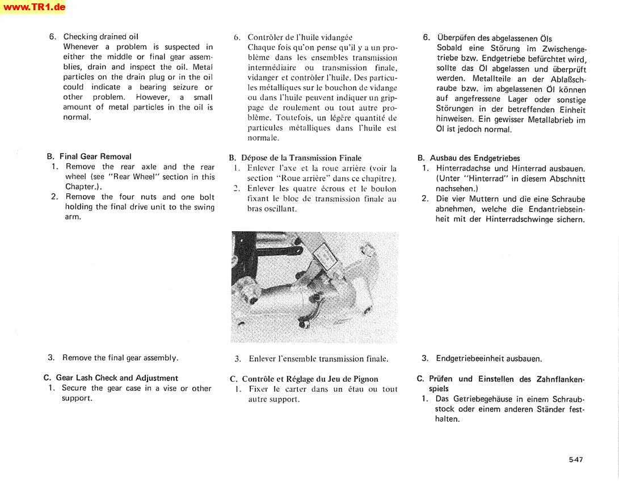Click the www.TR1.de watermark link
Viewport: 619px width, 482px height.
pos(33,7)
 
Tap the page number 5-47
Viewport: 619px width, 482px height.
pos(576,460)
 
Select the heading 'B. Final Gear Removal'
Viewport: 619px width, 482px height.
pos(89,157)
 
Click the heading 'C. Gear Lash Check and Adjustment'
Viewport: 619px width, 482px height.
pos(111,378)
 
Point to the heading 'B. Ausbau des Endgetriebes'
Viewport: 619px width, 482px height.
pos(469,158)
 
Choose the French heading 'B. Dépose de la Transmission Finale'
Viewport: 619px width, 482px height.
pos(295,158)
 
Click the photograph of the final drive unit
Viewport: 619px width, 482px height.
pos(314,287)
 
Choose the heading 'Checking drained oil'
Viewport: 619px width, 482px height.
pos(101,37)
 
